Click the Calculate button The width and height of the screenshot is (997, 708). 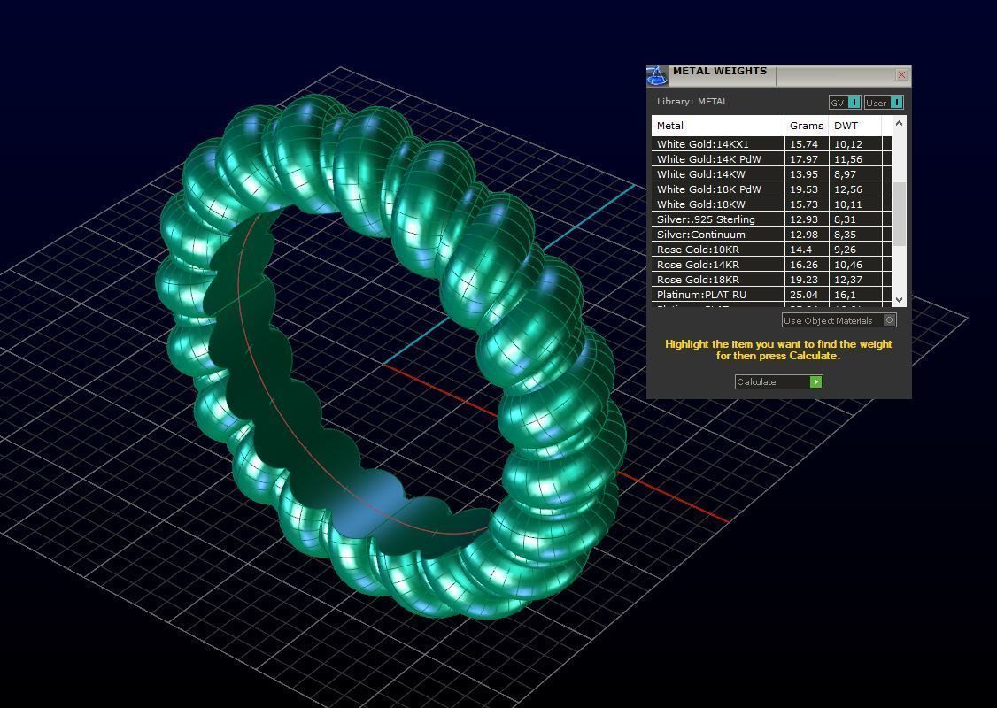coord(778,381)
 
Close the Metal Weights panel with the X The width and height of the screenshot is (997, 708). coord(901,75)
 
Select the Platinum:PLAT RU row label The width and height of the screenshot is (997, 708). coord(700,295)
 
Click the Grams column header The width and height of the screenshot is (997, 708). coord(806,126)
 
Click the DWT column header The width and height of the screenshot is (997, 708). coord(846,126)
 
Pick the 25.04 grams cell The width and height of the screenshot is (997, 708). coord(803,295)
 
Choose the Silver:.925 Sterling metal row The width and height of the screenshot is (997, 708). coord(706,219)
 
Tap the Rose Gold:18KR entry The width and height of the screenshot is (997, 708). coord(698,280)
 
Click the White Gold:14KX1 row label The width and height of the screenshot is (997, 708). coord(702,144)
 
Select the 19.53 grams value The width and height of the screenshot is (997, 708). coord(803,189)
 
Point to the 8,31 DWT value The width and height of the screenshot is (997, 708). coord(845,219)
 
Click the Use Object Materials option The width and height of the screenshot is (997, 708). coord(839,320)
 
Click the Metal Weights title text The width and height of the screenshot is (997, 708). coord(719,72)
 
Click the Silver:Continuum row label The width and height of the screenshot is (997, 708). coord(700,235)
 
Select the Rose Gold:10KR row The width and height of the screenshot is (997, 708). coord(698,250)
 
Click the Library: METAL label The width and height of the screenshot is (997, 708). coord(692,101)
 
